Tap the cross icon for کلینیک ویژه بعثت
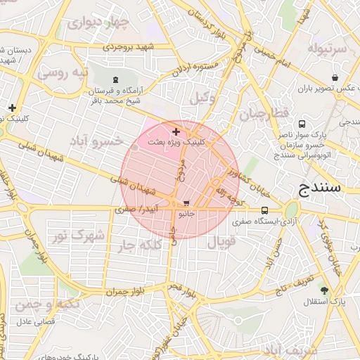(176, 131)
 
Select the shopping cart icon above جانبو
(186, 203)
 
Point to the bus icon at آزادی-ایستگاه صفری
(264, 210)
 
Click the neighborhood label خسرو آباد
(98, 141)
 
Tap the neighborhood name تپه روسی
(63, 72)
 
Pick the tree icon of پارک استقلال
(323, 290)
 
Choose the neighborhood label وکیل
(202, 98)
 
